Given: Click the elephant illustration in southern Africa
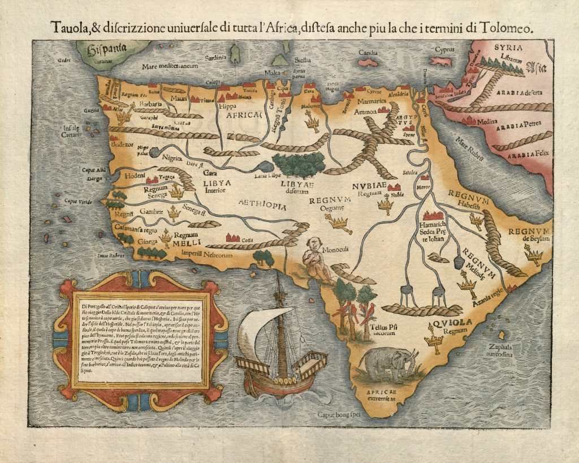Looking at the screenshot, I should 389,365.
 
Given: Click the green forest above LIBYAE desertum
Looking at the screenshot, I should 300,164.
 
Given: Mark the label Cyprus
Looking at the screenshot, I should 444,49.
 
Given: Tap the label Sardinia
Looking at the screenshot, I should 215,58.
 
